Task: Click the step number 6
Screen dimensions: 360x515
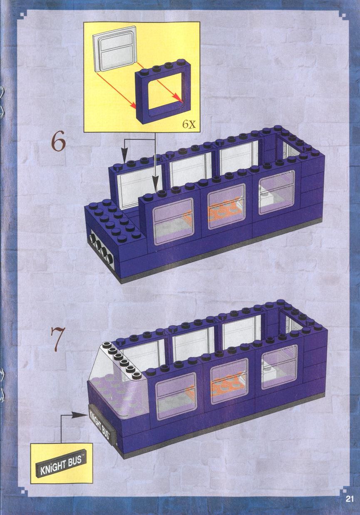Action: [58, 143]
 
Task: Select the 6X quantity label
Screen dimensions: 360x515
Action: [189, 124]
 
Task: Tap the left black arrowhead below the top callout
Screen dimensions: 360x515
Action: [124, 156]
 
